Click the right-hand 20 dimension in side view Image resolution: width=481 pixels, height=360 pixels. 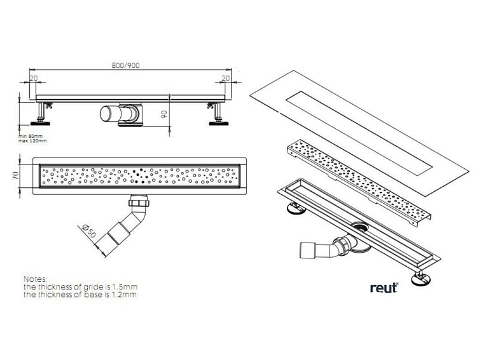(x=225, y=77)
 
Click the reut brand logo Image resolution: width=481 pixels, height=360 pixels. (x=384, y=288)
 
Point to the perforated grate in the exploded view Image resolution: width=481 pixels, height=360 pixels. (x=356, y=181)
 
